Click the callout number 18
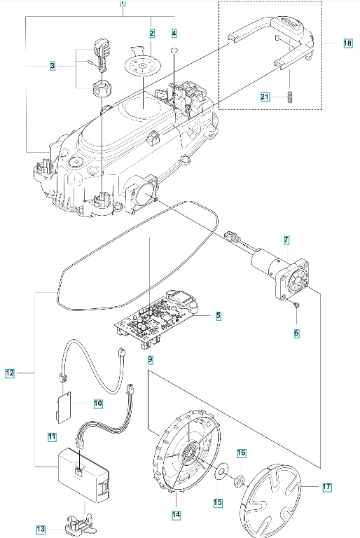pos(347,43)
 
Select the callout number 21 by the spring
pos(265,97)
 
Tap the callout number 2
pos(151,33)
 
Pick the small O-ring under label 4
pos(175,50)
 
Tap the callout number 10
pos(98,403)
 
